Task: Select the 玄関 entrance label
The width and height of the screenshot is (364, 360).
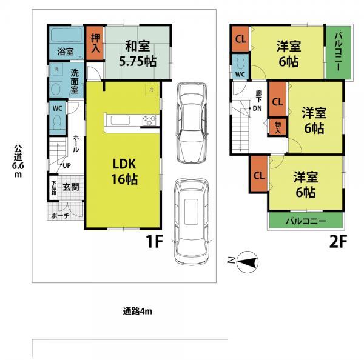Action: pos(70,187)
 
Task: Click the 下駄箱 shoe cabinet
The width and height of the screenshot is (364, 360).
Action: pos(54,188)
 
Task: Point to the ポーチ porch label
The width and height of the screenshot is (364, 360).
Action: pos(59,215)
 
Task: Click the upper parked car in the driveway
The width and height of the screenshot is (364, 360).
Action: pos(191,121)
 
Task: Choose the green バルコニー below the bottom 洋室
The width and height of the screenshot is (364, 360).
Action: pos(306,221)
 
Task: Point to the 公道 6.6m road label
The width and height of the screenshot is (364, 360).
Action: pos(18,161)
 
